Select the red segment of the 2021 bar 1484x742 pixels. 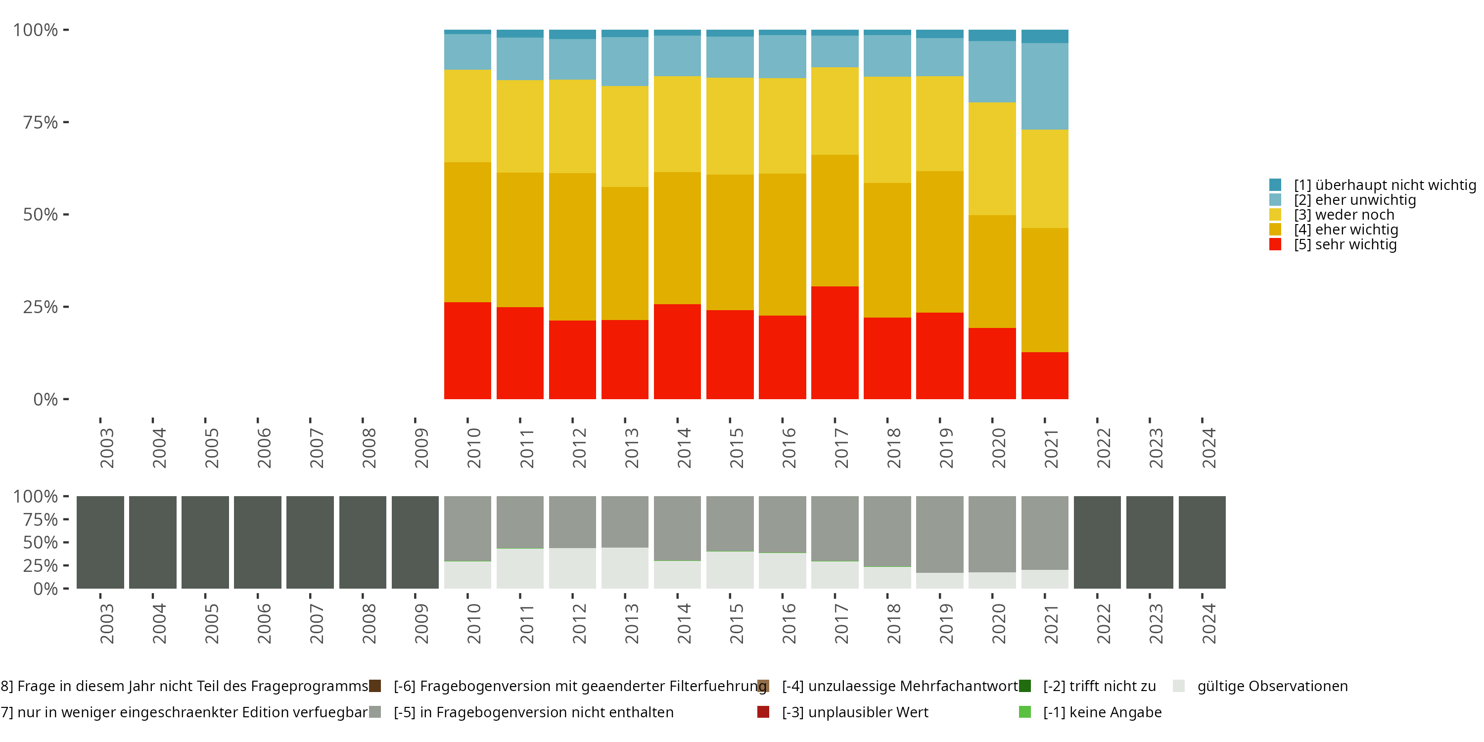(x=1044, y=375)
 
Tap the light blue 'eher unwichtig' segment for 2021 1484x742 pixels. (x=1044, y=86)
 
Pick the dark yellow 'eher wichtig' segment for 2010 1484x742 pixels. (x=467, y=232)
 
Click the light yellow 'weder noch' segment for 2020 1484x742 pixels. (x=991, y=158)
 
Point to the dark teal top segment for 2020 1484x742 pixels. (x=991, y=35)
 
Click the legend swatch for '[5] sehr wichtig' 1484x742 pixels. (x=1275, y=244)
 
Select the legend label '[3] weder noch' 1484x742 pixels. (x=1344, y=215)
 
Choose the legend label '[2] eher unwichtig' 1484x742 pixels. (x=1354, y=200)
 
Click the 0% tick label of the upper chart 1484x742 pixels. (x=45, y=399)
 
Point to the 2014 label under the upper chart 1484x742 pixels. (x=684, y=448)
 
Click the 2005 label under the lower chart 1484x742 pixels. (x=211, y=623)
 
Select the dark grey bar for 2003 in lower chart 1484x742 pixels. (x=100, y=542)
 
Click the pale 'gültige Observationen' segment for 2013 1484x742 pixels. (x=624, y=567)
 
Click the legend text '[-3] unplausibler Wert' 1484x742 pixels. (x=855, y=712)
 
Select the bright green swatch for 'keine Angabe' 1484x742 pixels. (x=1025, y=712)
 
